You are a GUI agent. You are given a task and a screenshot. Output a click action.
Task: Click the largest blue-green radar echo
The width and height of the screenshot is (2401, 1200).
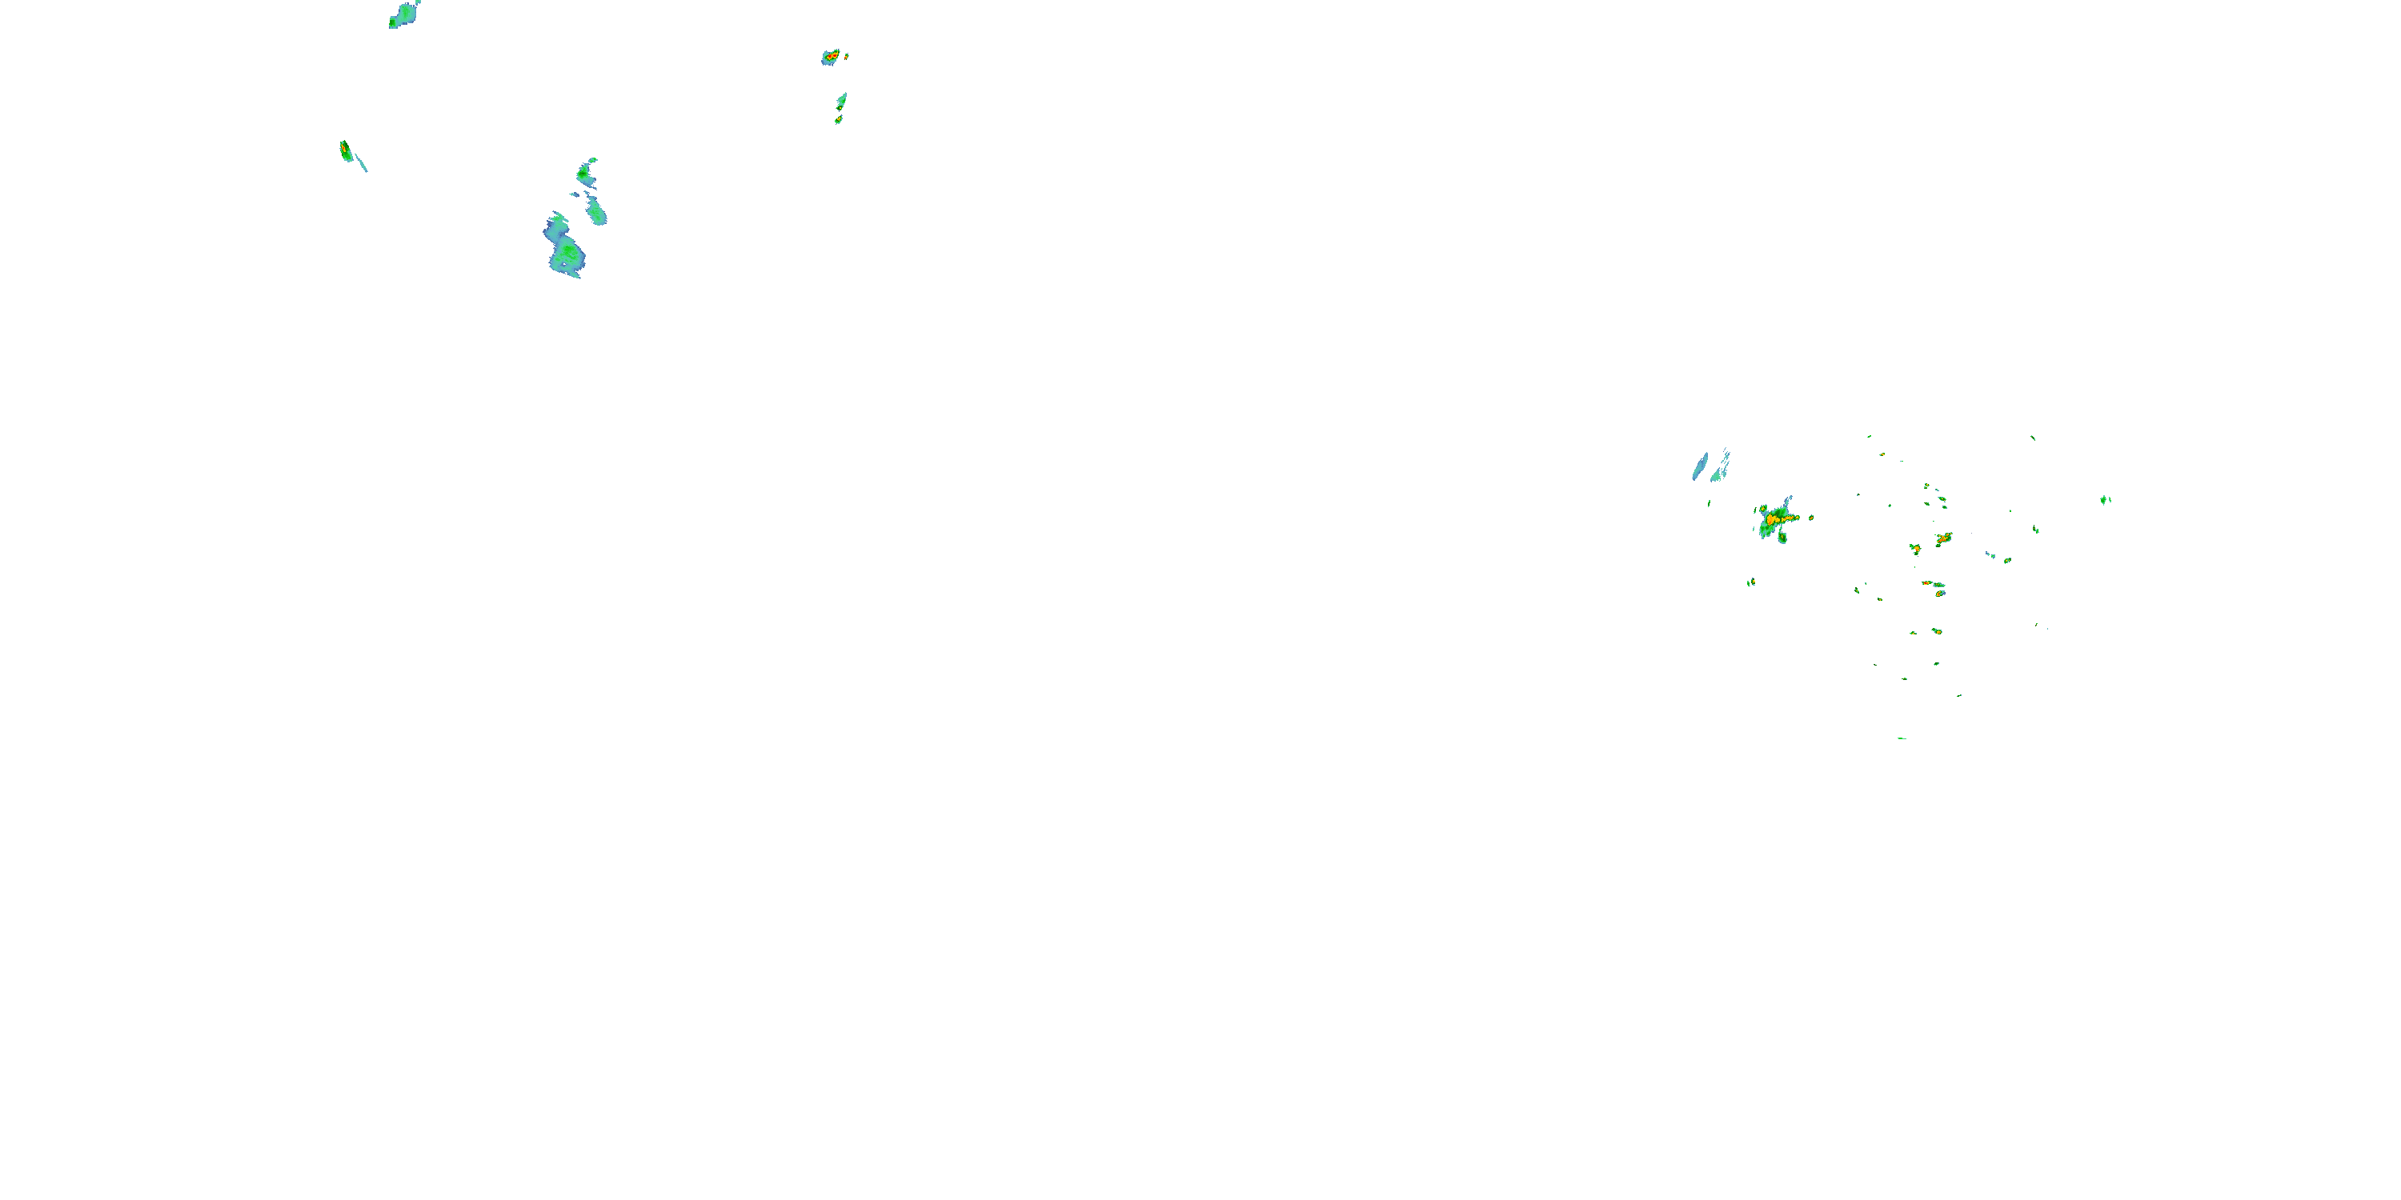pyautogui.click(x=565, y=248)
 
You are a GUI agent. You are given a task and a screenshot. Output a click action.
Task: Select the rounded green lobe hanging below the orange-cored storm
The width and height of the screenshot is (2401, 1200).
pyautogui.click(x=1782, y=538)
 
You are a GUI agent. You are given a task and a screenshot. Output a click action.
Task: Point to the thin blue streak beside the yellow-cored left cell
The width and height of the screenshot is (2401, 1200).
pyautogui.click(x=362, y=163)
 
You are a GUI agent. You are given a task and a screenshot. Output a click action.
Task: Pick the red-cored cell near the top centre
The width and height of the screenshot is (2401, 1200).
pyautogui.click(x=831, y=57)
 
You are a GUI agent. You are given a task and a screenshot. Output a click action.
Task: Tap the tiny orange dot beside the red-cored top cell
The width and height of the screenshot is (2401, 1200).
pyautogui.click(x=846, y=56)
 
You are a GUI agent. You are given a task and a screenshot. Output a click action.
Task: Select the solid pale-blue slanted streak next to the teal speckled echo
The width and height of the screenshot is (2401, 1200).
pyautogui.click(x=1700, y=466)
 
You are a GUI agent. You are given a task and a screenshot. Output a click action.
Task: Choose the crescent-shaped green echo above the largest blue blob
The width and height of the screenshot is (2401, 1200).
pyautogui.click(x=585, y=171)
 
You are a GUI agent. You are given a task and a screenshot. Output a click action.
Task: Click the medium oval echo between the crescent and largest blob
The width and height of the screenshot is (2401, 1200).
pyautogui.click(x=596, y=213)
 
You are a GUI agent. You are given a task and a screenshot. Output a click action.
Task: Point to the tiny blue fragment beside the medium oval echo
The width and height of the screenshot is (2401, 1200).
pyautogui.click(x=574, y=194)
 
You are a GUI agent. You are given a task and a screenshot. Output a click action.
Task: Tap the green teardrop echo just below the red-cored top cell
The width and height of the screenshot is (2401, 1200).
pyautogui.click(x=842, y=101)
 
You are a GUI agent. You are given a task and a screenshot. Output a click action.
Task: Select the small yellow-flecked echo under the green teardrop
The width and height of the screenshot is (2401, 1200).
pyautogui.click(x=839, y=119)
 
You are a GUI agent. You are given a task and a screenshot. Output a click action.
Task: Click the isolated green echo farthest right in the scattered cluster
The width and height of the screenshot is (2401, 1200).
pyautogui.click(x=2105, y=500)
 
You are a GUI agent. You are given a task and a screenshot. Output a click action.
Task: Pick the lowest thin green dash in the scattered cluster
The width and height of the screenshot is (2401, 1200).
pyautogui.click(x=1902, y=738)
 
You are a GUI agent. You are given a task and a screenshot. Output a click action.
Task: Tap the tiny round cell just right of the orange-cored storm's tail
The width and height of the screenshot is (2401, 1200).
pyautogui.click(x=1811, y=517)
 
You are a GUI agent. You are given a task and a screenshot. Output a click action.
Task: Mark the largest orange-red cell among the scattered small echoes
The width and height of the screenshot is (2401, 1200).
pyautogui.click(x=1943, y=538)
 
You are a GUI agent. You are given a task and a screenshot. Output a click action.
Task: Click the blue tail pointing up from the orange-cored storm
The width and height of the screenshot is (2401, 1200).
pyautogui.click(x=1789, y=503)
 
